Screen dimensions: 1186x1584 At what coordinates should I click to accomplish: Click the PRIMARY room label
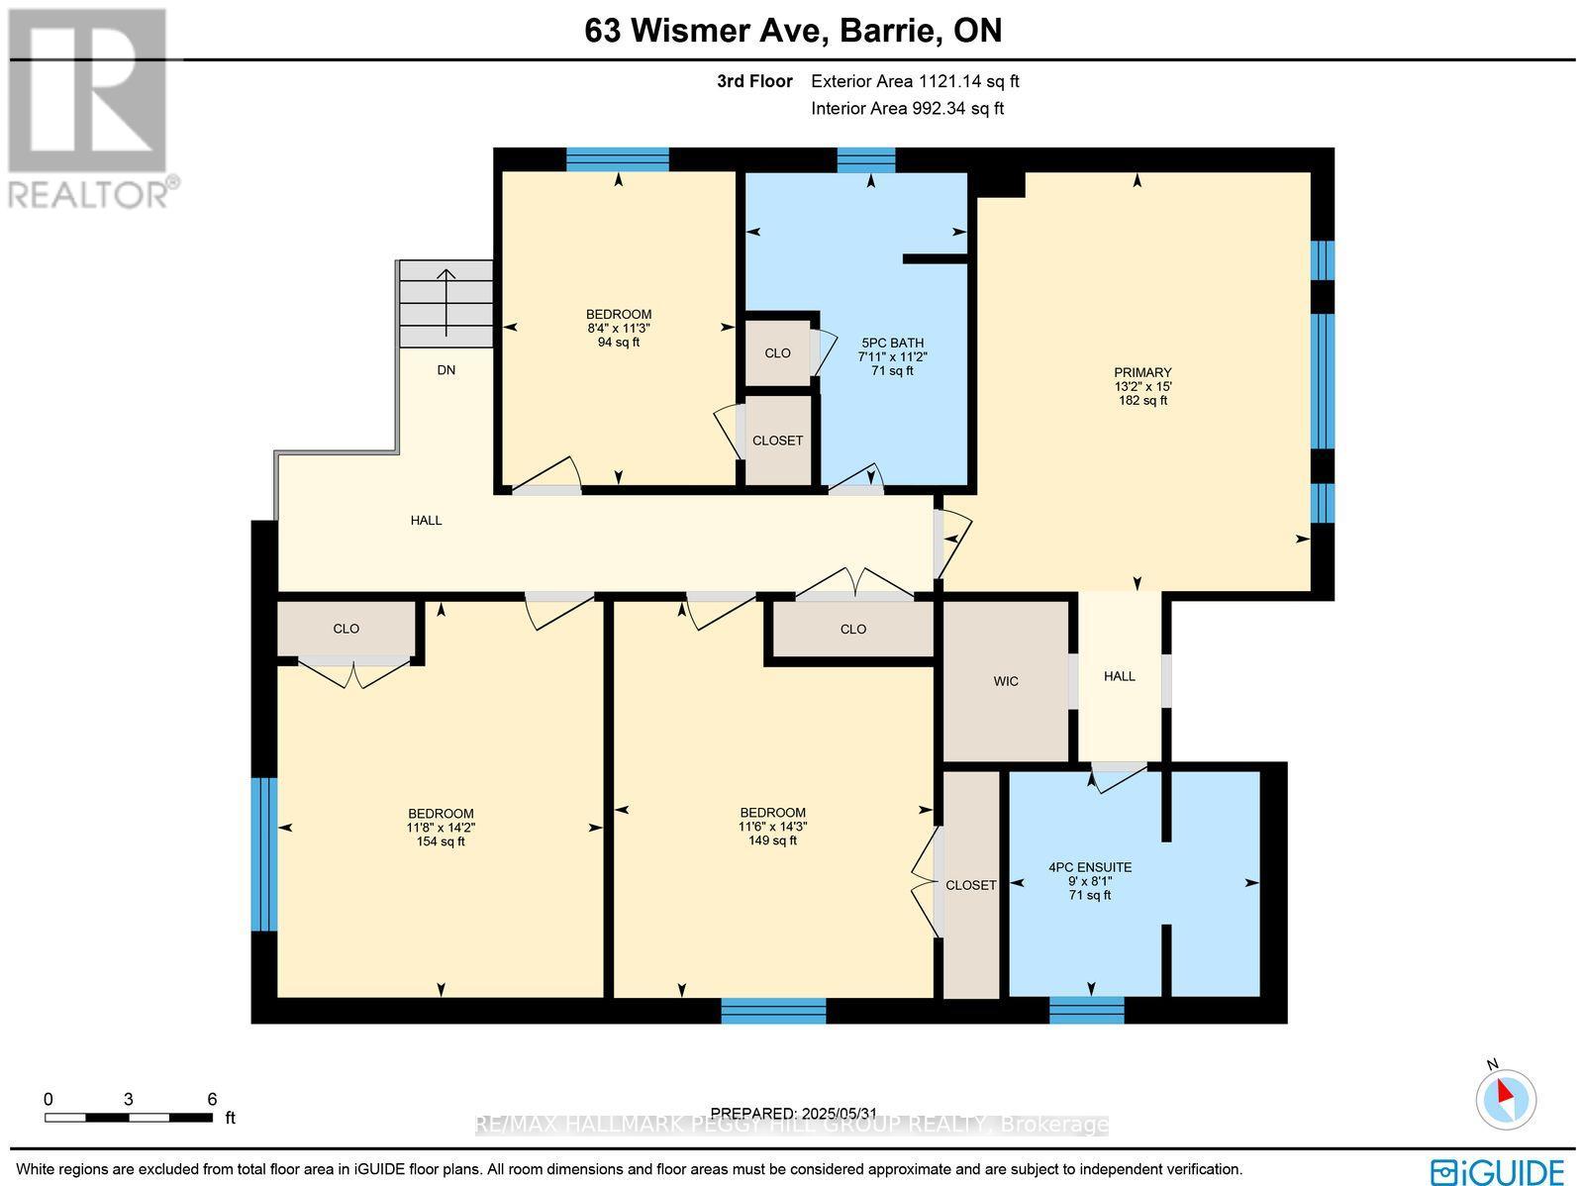[1141, 373]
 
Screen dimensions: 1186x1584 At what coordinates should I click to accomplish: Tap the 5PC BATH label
[892, 344]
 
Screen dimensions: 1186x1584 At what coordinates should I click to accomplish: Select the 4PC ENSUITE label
[1090, 867]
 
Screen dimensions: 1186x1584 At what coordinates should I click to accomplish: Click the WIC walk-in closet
[1006, 681]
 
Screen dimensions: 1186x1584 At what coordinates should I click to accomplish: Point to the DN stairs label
[446, 370]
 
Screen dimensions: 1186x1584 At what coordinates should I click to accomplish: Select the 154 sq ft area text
[441, 841]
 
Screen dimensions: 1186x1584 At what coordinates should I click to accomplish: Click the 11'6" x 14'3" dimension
[772, 827]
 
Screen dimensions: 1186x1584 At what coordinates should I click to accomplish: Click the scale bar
[129, 1118]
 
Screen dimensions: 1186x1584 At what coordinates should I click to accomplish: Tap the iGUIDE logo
[1498, 1170]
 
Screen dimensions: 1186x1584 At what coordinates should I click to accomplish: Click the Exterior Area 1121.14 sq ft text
[915, 82]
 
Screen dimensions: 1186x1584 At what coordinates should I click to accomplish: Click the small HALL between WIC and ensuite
[1120, 676]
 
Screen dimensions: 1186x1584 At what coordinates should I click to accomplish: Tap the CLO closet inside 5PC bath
[777, 352]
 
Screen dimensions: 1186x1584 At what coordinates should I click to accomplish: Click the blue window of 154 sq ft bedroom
[263, 854]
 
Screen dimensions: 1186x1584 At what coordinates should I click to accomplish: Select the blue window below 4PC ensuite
[1087, 1010]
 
